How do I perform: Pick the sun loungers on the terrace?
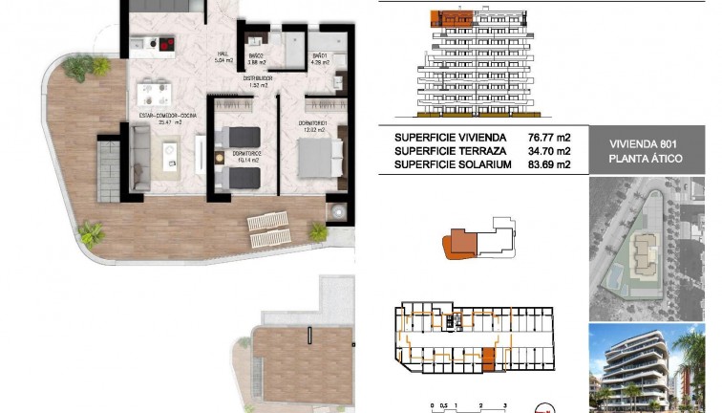coord(268,226)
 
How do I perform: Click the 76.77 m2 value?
coord(548,138)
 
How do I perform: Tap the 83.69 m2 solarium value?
coord(548,164)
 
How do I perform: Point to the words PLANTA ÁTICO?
coord(646,159)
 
